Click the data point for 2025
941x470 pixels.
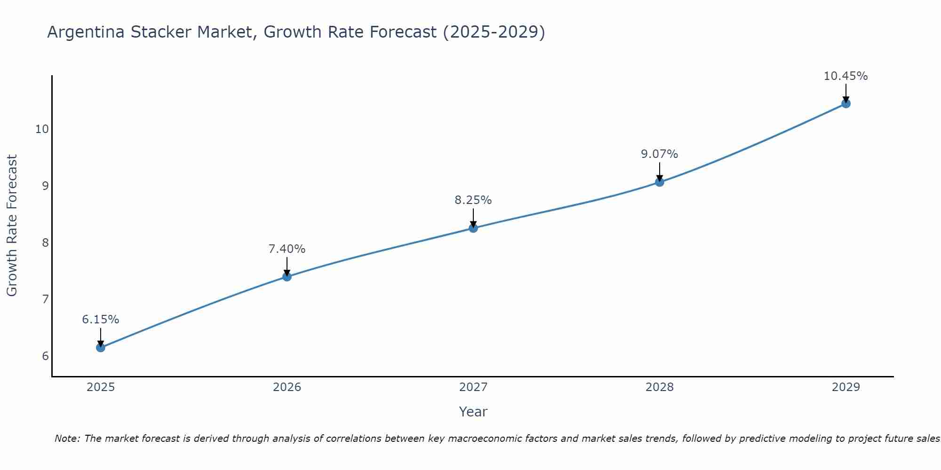(x=100, y=347)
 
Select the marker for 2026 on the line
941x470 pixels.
(x=287, y=276)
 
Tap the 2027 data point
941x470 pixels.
(x=473, y=228)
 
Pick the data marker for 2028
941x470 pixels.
(x=660, y=182)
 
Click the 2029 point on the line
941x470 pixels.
(x=846, y=103)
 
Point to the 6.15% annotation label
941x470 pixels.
(x=100, y=320)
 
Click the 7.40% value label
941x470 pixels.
(x=287, y=249)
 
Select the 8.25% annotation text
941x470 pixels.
(x=473, y=200)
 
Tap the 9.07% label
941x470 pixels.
(x=660, y=154)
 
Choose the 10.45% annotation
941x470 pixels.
(x=846, y=76)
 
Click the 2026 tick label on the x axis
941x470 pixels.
(x=287, y=387)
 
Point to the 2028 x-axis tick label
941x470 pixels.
(x=660, y=387)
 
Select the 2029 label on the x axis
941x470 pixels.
(x=846, y=387)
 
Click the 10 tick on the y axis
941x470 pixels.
(x=42, y=129)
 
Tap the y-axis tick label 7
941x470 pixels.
(x=45, y=299)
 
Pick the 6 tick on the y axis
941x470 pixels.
(x=45, y=356)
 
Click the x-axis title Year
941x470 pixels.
(x=473, y=412)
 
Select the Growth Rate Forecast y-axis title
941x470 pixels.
(x=12, y=226)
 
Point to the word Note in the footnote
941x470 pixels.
(x=67, y=439)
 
